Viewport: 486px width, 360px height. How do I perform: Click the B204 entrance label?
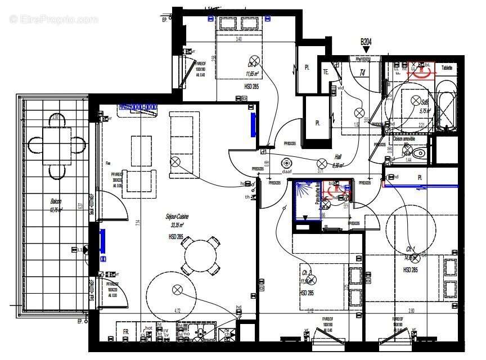click(x=367, y=42)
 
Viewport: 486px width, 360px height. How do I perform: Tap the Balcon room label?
click(x=55, y=205)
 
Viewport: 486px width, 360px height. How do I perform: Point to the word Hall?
click(x=337, y=158)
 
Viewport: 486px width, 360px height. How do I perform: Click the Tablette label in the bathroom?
click(x=447, y=67)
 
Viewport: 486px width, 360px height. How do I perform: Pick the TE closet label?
click(x=325, y=71)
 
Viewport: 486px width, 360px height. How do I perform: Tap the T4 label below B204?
click(x=362, y=73)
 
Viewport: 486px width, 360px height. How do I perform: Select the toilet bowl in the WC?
click(x=418, y=153)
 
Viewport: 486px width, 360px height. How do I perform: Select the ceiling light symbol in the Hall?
click(x=322, y=162)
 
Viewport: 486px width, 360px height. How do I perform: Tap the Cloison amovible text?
click(x=404, y=138)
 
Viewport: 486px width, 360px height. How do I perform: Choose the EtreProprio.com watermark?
click(x=53, y=19)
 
